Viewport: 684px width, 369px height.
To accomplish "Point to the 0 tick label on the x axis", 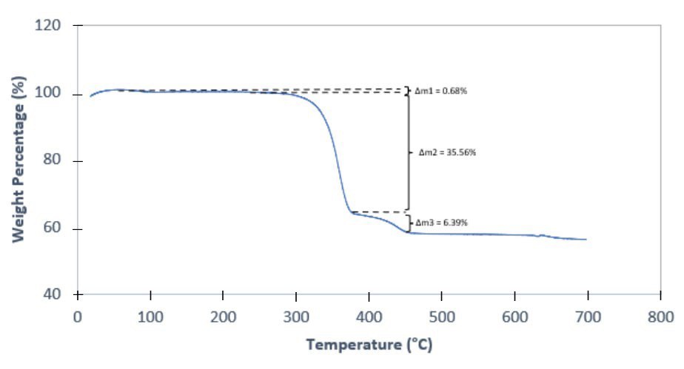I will pyautogui.click(x=78, y=316).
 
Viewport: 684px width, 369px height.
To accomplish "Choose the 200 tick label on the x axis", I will pyautogui.click(x=223, y=316).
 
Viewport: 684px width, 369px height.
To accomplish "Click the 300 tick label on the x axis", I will pyautogui.click(x=295, y=316).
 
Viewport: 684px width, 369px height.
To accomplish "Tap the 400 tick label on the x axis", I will pyautogui.click(x=369, y=316).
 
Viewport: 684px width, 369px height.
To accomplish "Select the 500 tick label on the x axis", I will pyautogui.click(x=441, y=316).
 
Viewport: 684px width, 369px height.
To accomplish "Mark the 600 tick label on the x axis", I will pyautogui.click(x=514, y=316).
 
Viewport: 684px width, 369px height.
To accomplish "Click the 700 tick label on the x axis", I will pyautogui.click(x=587, y=316).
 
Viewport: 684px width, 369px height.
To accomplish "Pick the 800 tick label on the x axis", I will pyautogui.click(x=660, y=316).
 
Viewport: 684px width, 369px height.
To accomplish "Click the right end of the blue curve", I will pyautogui.click(x=586, y=240).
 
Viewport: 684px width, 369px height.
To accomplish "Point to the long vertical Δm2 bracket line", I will pyautogui.click(x=408, y=152).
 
